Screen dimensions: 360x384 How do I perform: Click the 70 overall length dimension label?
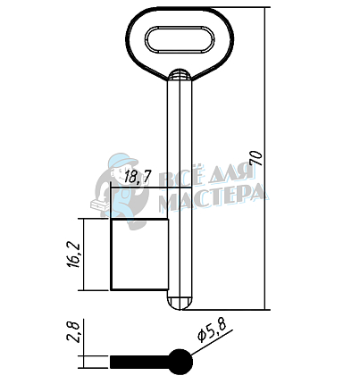256,158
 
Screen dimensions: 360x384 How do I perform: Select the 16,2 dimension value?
74,255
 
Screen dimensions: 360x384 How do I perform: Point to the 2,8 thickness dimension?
74,332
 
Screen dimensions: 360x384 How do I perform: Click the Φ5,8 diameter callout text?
212,330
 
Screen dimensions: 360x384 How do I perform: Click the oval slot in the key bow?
180,40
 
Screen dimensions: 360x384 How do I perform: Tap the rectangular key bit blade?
139,255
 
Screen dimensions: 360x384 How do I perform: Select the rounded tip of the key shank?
180,304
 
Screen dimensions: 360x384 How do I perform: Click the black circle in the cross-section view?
180,362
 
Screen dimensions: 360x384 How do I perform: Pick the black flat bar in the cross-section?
140,362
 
